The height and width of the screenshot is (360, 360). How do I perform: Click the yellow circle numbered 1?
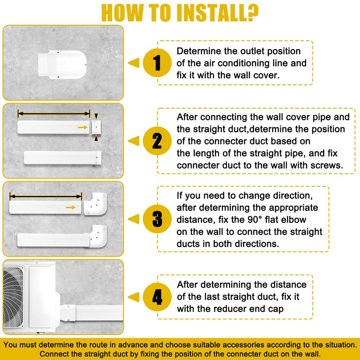pos(157,63)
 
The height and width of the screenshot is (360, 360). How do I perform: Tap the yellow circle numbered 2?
pos(157,141)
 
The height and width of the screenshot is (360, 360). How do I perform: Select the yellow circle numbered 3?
pos(157,219)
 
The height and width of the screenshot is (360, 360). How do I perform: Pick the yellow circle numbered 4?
pos(157,297)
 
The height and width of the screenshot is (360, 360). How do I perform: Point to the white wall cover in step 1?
pos(62,64)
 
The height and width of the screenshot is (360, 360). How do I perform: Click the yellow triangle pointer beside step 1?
pos(134,63)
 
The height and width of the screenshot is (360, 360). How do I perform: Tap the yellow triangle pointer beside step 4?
pos(134,297)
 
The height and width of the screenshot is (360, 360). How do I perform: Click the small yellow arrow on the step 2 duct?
pos(83,127)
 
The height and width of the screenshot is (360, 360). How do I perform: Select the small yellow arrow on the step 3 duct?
pos(71,207)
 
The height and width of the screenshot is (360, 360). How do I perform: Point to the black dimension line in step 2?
pos(54,113)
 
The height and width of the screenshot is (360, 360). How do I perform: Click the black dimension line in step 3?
pos(46,196)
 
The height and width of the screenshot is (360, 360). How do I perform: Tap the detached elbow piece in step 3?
pos(95,204)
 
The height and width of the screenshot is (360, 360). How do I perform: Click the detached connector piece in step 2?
pos(96,127)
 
